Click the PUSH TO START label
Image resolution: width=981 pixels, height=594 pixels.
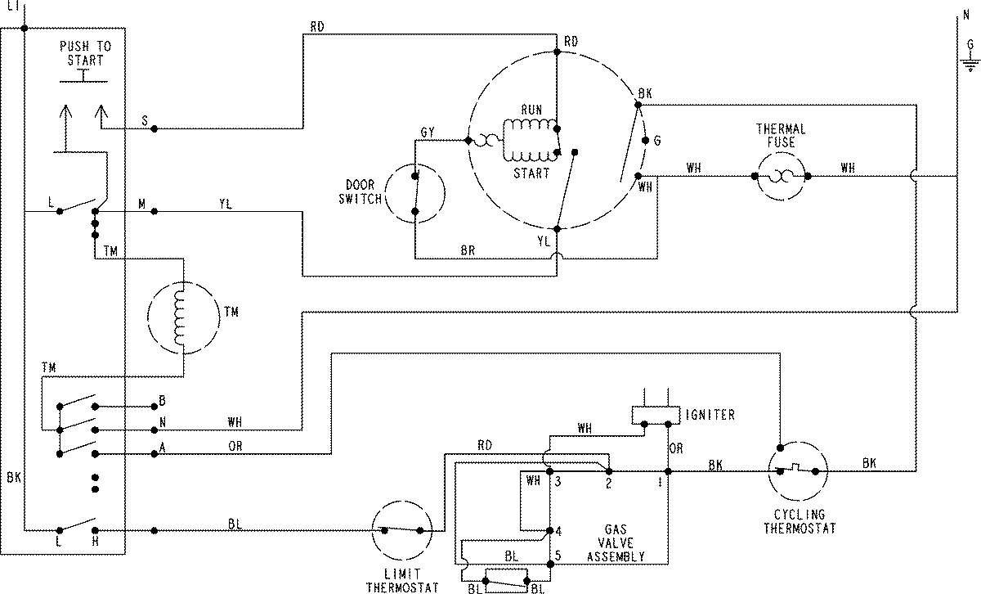point(85,53)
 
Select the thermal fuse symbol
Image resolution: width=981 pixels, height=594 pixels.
point(780,175)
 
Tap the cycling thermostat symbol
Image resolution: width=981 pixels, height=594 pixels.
point(798,471)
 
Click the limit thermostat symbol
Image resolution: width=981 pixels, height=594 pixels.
point(401,530)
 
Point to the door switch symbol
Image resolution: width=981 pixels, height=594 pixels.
point(414,193)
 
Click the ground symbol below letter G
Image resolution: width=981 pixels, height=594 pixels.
point(970,66)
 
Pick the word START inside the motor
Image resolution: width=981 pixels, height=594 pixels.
point(531,173)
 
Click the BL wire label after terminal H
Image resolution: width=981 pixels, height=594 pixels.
point(235,523)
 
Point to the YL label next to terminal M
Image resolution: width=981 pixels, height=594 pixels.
point(225,205)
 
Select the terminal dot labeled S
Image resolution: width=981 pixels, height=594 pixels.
point(155,128)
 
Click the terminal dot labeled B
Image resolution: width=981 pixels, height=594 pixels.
point(155,406)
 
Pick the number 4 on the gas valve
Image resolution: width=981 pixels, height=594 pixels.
point(558,529)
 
